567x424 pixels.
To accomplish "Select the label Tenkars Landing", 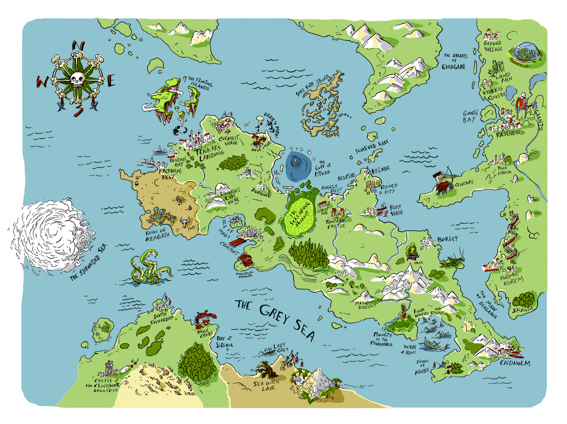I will (210, 152).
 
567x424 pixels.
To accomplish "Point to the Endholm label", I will (515, 363).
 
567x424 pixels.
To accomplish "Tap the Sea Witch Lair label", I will (266, 386).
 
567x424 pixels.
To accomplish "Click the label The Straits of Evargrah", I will (455, 61).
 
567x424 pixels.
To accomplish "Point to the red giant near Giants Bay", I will (522, 105).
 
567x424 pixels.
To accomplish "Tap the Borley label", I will (447, 239).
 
